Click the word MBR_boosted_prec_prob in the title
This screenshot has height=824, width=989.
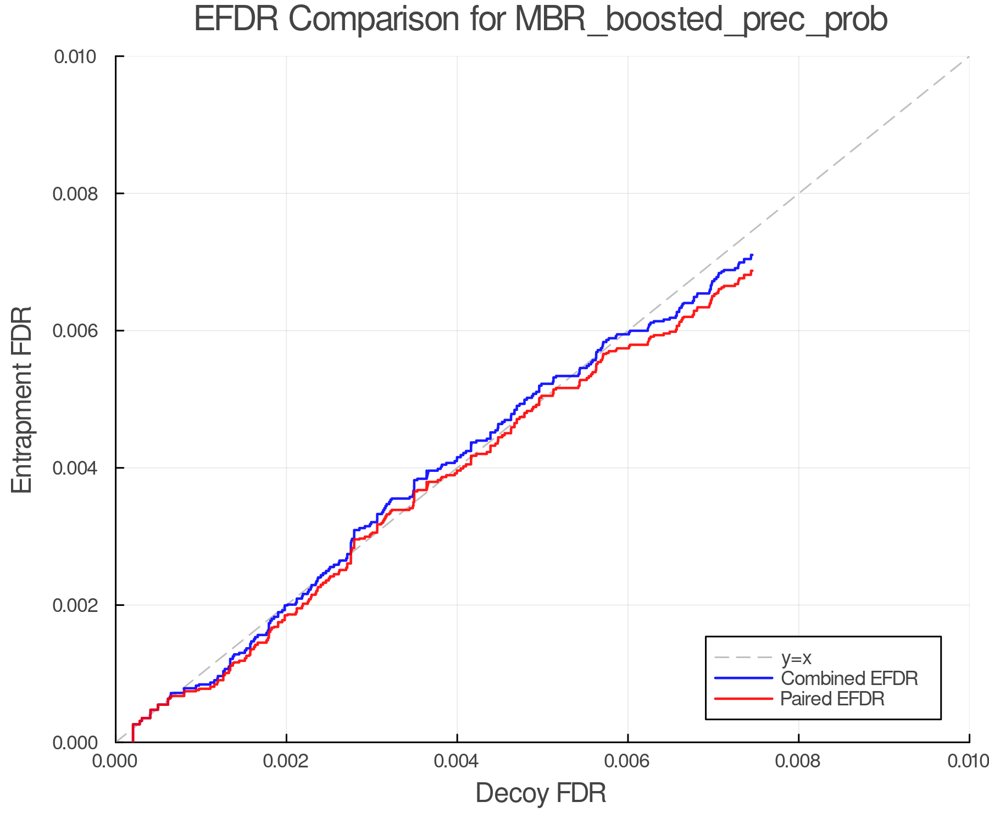tap(701, 20)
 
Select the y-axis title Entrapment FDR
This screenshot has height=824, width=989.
tap(22, 399)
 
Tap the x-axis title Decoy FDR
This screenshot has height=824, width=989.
tap(541, 793)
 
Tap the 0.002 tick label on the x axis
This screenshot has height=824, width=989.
tap(286, 761)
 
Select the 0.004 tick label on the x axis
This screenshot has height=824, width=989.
tap(457, 761)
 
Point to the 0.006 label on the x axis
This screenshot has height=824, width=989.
tap(628, 761)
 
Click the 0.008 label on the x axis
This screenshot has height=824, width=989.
tap(798, 761)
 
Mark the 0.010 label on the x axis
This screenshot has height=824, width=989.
tap(968, 761)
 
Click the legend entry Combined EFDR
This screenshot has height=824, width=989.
tap(849, 678)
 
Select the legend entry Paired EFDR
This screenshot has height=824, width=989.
tap(832, 699)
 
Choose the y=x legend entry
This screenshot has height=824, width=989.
tap(796, 658)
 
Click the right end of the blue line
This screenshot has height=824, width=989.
tap(752, 255)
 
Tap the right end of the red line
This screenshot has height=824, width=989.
tap(752, 271)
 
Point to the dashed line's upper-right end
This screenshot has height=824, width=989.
tap(968, 57)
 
